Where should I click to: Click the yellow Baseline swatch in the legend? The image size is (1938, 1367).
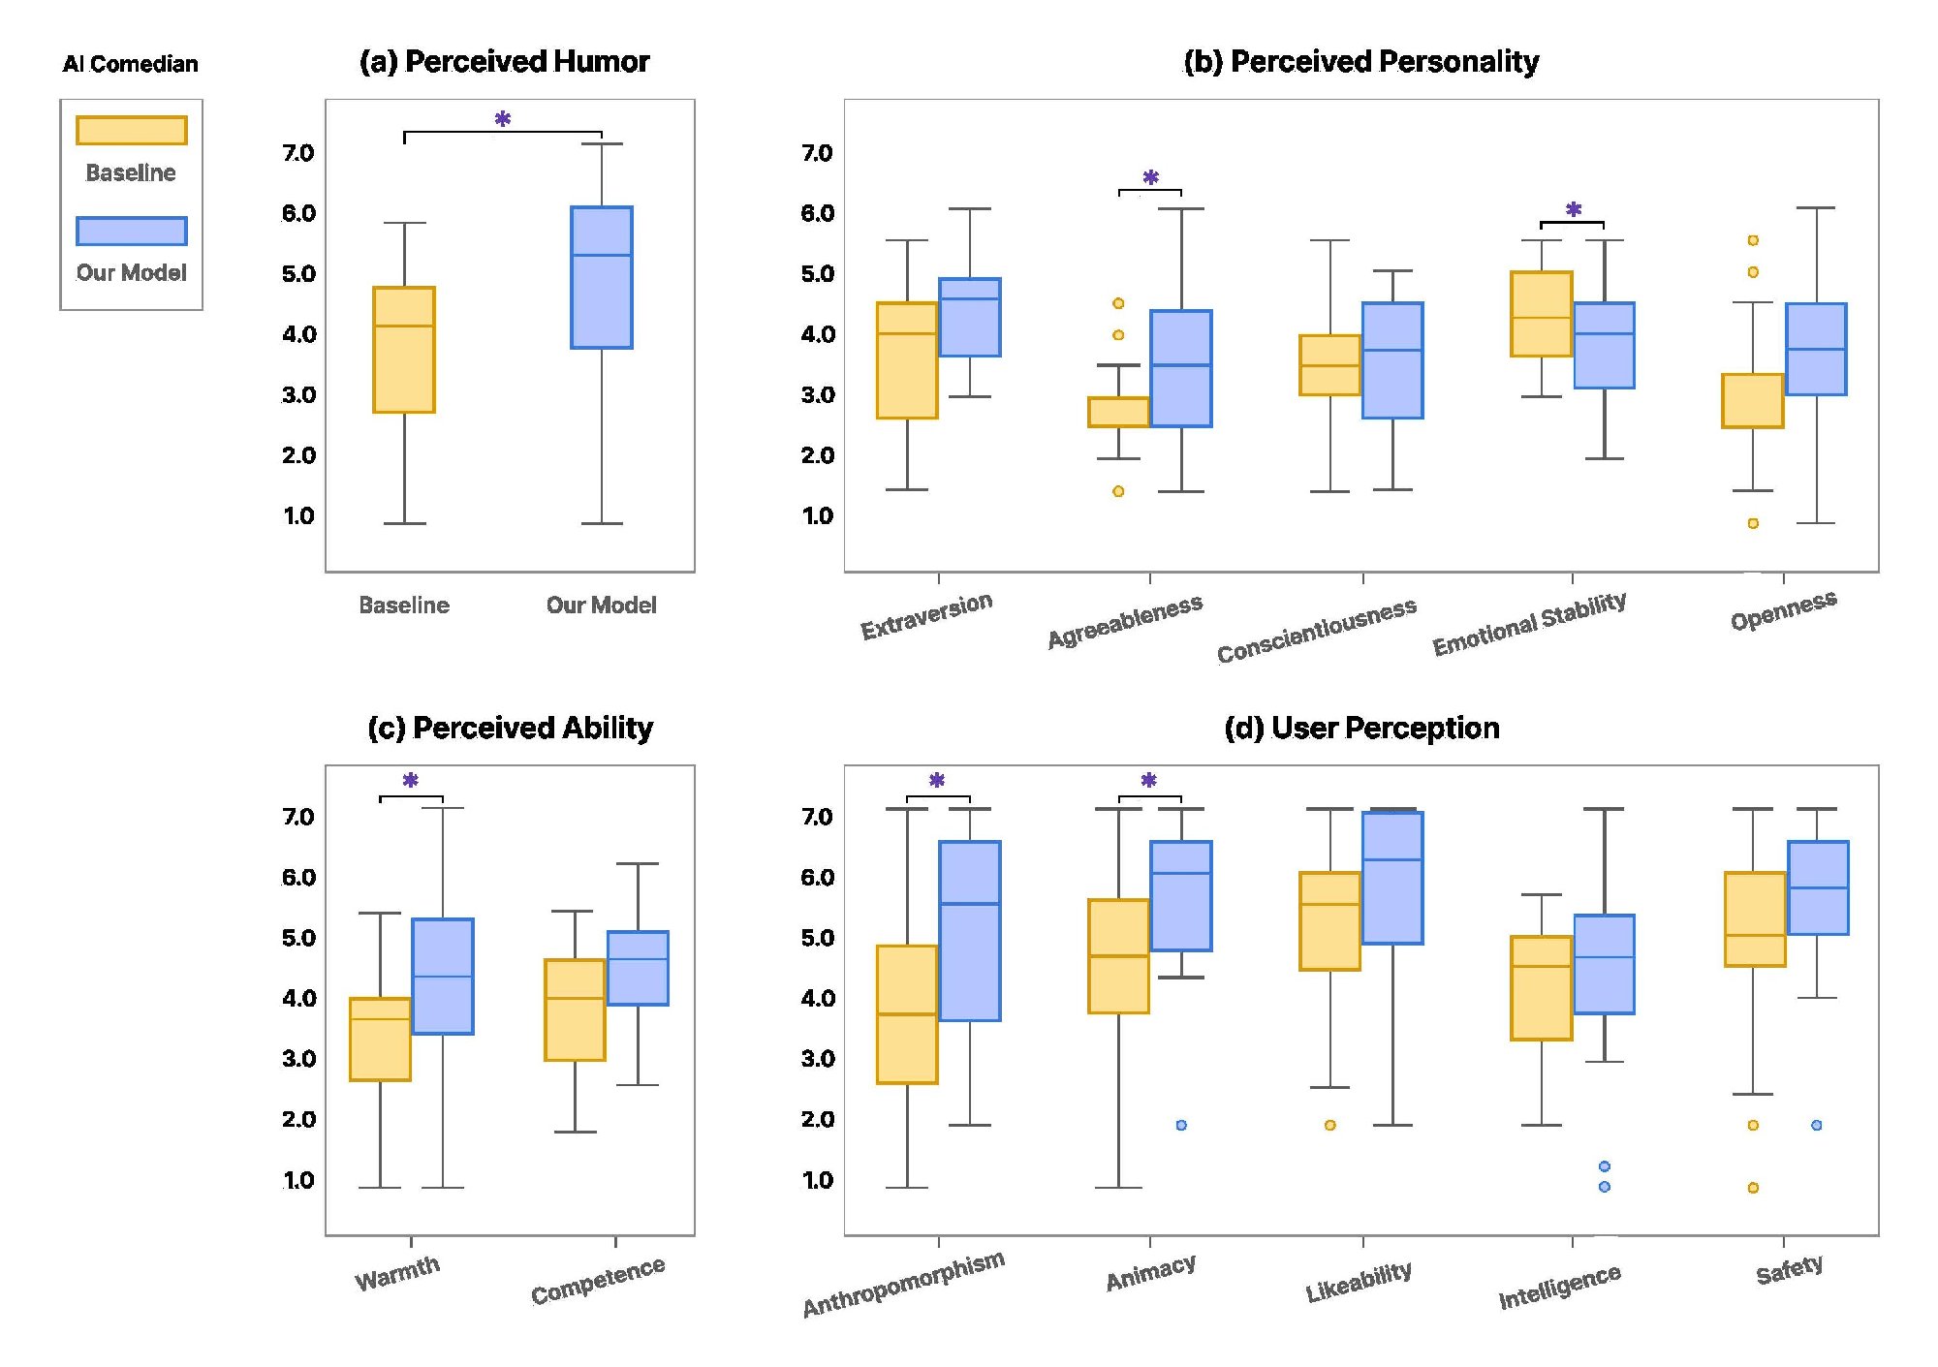(132, 131)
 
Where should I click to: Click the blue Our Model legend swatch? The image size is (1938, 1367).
(132, 232)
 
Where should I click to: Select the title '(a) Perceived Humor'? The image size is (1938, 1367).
(504, 62)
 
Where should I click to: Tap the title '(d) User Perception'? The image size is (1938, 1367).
(1361, 729)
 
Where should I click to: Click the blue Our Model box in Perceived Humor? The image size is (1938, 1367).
(602, 277)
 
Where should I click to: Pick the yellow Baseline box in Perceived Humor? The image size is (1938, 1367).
(404, 350)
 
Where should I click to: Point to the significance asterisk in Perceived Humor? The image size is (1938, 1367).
(503, 120)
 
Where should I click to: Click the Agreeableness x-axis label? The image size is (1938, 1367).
(1125, 621)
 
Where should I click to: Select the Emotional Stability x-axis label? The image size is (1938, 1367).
(1529, 623)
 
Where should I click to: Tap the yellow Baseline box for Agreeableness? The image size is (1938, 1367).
(1118, 412)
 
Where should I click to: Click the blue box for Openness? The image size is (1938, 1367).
(1816, 349)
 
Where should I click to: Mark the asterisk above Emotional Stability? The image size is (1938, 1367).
(1574, 209)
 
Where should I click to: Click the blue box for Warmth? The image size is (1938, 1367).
(443, 977)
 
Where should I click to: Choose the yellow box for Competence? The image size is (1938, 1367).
(575, 1010)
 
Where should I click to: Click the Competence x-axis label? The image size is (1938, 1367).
(598, 1280)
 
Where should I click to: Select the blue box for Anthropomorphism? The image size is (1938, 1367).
(970, 931)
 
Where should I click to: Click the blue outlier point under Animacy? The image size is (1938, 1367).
(1181, 1125)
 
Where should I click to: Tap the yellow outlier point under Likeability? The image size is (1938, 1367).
(1330, 1125)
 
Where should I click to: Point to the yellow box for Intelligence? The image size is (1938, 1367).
(1542, 988)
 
